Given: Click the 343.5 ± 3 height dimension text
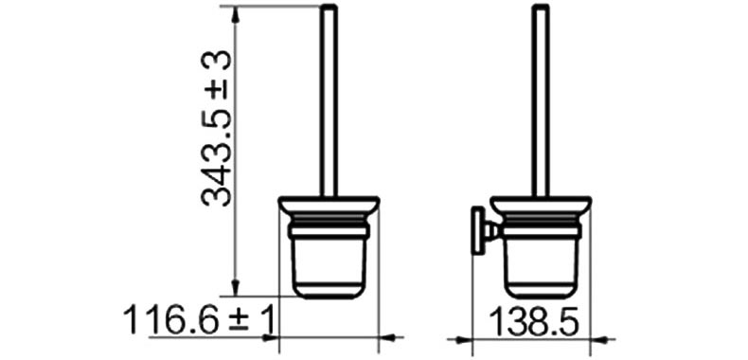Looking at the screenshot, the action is coord(217,129).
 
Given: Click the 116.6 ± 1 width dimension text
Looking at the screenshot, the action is coord(200,320).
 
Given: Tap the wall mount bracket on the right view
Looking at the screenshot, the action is coord(484,231).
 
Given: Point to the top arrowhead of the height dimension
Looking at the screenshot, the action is coord(235,15).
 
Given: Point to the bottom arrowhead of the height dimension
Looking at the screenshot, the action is coord(235,287).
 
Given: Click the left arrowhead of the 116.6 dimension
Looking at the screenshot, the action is coord(270,338).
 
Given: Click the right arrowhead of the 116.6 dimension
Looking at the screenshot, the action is coord(387,338).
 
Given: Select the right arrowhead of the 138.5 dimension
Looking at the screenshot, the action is coord(599,340).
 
